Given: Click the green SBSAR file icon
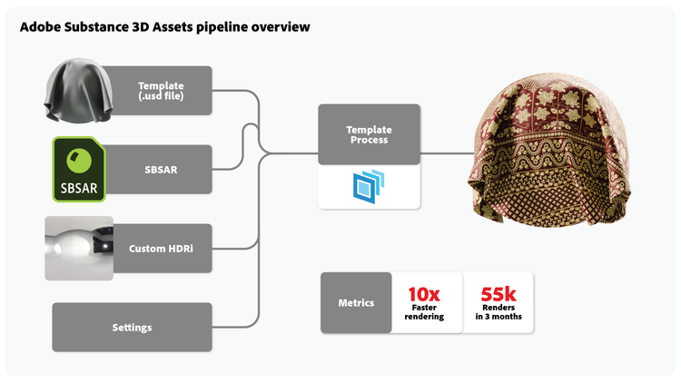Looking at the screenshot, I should coord(79,169).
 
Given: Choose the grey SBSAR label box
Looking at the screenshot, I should coord(161,170).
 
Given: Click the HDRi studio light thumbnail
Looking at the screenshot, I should coord(79,248).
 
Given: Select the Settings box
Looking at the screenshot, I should coord(132,327).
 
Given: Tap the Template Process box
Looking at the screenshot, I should coord(369,135).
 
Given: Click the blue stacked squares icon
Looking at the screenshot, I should coord(369,186).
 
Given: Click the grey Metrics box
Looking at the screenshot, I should coord(356,302).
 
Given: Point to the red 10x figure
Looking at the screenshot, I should coord(424,294).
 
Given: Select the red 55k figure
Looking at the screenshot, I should coord(498,294).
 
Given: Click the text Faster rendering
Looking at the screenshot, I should coord(424,312).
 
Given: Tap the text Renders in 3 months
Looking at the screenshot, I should coord(498,312).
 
